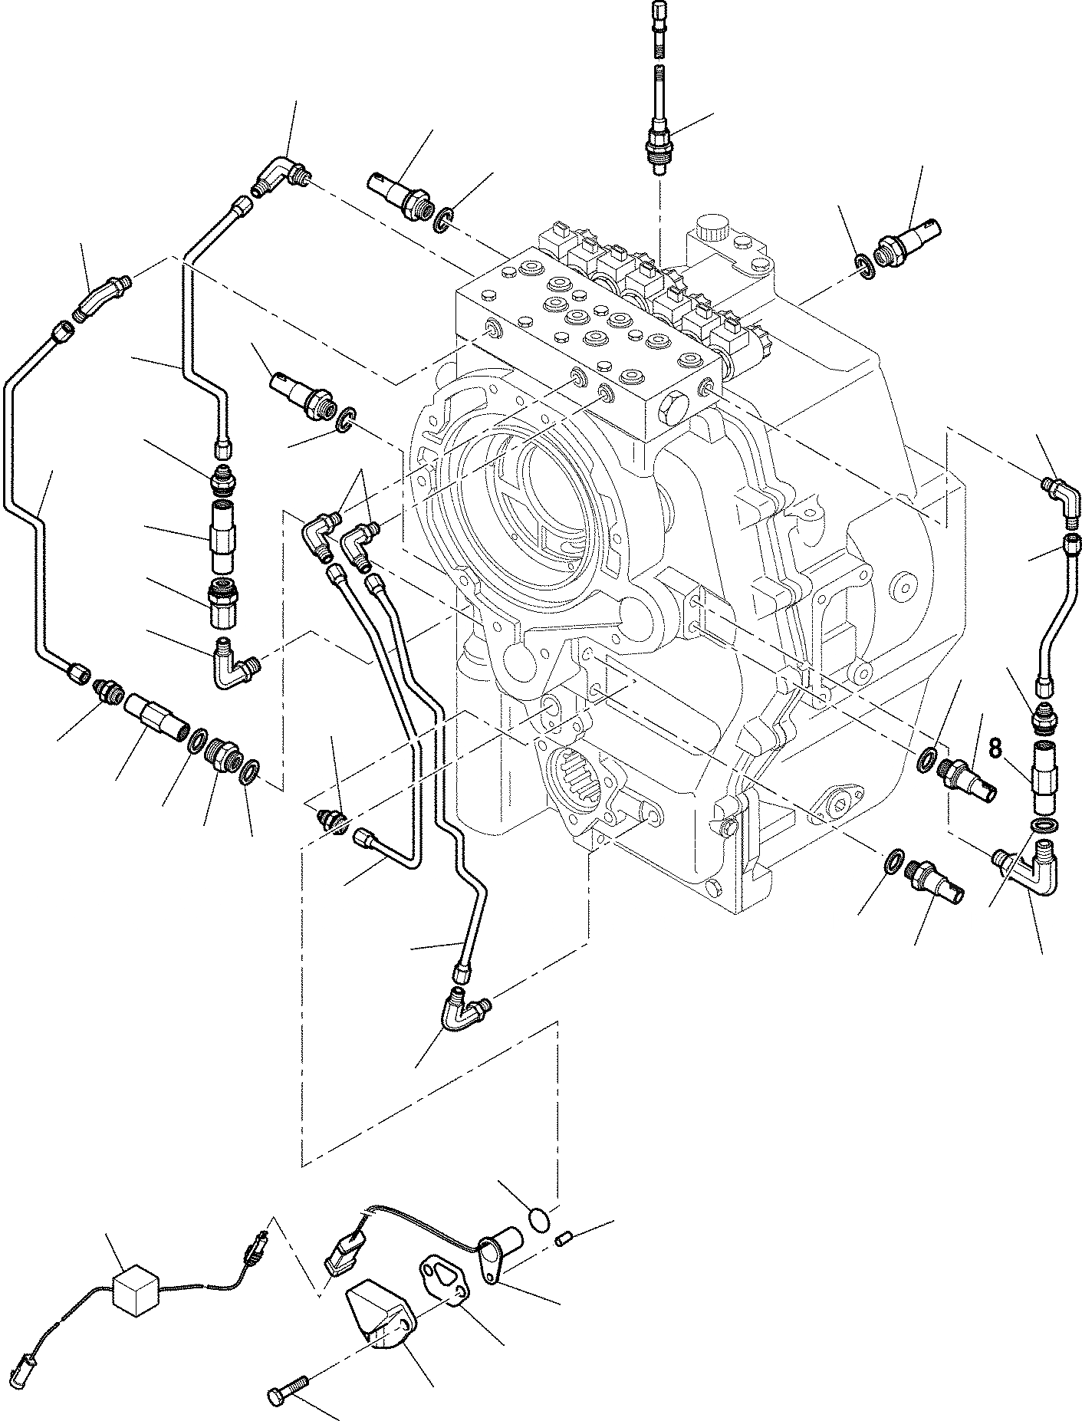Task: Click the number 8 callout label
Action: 995,748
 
